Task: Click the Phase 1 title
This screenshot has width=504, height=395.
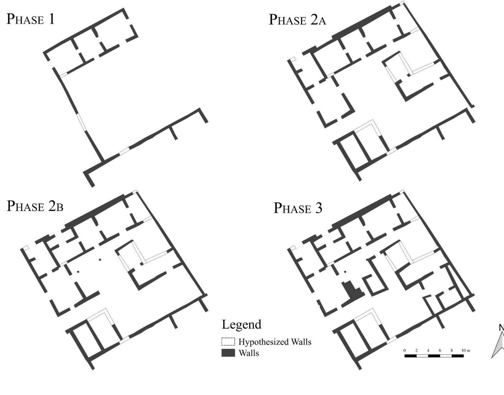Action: [30, 19]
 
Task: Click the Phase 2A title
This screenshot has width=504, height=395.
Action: [297, 20]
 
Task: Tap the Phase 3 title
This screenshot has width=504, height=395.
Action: [298, 208]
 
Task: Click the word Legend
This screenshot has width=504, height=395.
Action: [241, 324]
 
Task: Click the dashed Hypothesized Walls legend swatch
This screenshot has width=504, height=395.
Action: [228, 342]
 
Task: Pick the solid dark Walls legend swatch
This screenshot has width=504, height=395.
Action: [228, 353]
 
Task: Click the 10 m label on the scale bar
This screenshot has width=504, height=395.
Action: [466, 351]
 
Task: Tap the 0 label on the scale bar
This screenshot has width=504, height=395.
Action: [405, 351]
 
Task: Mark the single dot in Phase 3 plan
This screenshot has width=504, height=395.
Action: [345, 272]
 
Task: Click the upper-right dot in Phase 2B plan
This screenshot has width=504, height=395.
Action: [100, 259]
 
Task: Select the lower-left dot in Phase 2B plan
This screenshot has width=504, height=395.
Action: [78, 272]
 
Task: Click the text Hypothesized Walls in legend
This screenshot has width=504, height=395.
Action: [275, 342]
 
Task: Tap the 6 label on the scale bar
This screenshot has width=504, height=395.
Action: [440, 351]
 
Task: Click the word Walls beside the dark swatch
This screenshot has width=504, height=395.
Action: [248, 353]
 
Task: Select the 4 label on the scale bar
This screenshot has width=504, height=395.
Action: [428, 351]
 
